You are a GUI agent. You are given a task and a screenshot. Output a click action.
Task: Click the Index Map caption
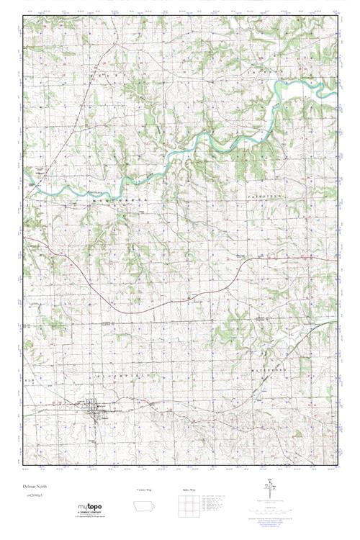tap(185, 490)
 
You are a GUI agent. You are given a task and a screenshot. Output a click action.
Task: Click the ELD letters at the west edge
tap(30, 377)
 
